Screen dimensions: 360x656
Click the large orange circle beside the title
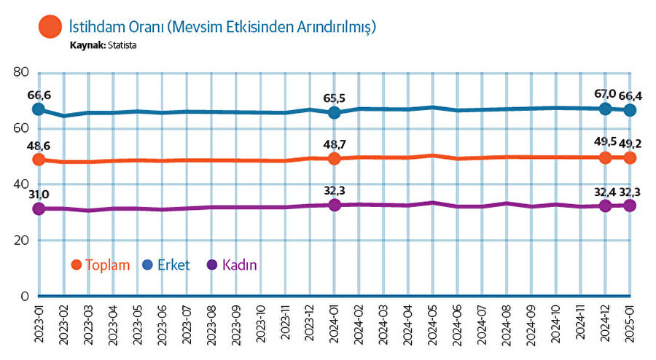coord(51,28)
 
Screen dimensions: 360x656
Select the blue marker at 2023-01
coord(39,109)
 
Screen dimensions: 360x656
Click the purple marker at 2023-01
coord(39,209)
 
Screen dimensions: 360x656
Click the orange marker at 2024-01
coord(335,158)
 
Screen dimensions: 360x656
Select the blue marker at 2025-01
coord(630,110)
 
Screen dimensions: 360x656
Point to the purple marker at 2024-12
coord(605,206)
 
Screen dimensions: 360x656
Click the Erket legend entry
coord(167,265)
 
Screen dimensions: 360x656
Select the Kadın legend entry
coord(237,265)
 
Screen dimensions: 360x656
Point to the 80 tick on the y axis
coord(20,72)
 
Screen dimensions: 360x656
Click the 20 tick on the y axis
coord(20,240)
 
